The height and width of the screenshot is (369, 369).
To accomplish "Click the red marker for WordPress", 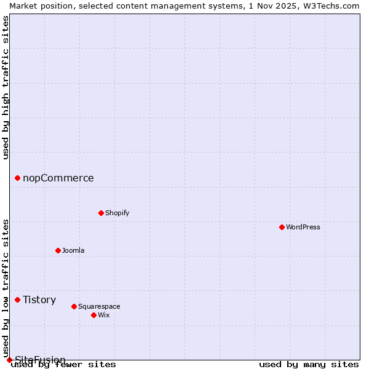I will pos(282,227).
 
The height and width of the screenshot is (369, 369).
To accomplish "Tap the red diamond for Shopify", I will pos(101,213).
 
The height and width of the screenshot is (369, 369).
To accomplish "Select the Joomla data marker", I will pos(58,250).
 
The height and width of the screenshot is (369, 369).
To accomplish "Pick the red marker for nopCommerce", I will pos(17,178).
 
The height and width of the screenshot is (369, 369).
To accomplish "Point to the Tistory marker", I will pos(17,300).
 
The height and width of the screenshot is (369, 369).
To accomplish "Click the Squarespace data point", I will pos(74,306).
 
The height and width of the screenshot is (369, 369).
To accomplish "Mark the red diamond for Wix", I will pos(93,315).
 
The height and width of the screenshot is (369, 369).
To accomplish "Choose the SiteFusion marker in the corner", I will pos(9,360).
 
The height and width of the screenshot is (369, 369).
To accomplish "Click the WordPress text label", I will pos(303,227).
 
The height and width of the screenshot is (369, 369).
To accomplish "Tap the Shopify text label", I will pos(117,213).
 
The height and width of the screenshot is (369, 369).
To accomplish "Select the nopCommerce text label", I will pos(58,178).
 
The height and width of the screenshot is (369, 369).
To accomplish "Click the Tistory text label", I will pos(39,300).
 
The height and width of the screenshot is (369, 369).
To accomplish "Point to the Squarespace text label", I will pos(99,306).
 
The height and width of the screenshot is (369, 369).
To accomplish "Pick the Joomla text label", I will pos(73,250).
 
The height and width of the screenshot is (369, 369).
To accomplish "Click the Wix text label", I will pos(103,315).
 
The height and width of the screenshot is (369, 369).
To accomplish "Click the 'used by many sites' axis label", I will pos(309,364).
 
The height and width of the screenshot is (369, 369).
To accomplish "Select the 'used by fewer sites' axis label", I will pos(63,364).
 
